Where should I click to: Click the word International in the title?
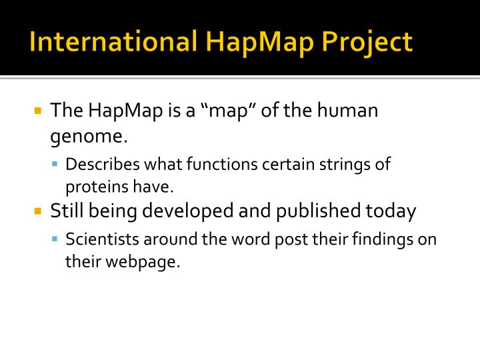pos(110,42)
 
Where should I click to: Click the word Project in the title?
pos(368,42)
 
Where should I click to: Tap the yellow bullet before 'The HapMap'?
pos(38,110)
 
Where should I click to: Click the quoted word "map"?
pos(229,110)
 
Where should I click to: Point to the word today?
pos(391,212)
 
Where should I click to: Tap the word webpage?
pos(137,262)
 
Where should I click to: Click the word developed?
pos(196,212)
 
